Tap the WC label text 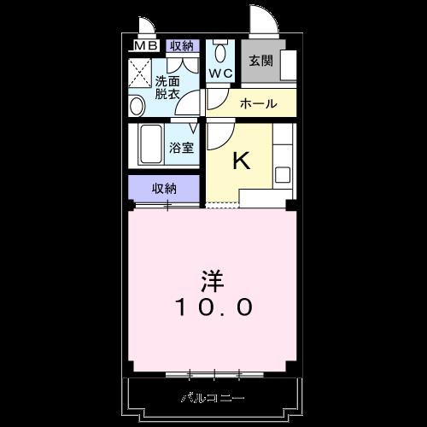(x=221, y=73)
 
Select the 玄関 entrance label (x=260, y=61)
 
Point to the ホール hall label (x=258, y=103)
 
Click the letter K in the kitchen (x=242, y=160)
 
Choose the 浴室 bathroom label (x=180, y=147)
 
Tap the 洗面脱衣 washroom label (x=167, y=88)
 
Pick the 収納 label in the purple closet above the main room (x=166, y=188)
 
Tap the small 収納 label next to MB (x=180, y=45)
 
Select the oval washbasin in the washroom (x=137, y=106)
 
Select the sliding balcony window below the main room (x=213, y=373)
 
